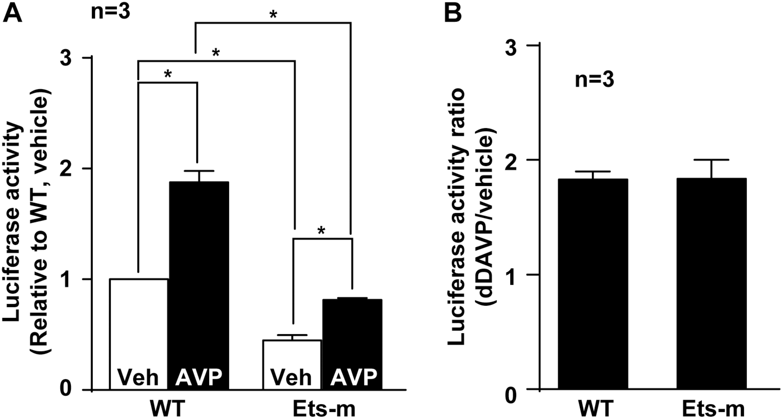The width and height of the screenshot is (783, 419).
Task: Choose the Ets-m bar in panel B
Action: pyautogui.click(x=711, y=283)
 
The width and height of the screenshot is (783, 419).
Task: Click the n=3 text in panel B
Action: pyautogui.click(x=595, y=80)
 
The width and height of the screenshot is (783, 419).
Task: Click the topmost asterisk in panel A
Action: pyautogui.click(x=273, y=15)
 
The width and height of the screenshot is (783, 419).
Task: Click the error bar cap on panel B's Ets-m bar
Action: pyautogui.click(x=711, y=160)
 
